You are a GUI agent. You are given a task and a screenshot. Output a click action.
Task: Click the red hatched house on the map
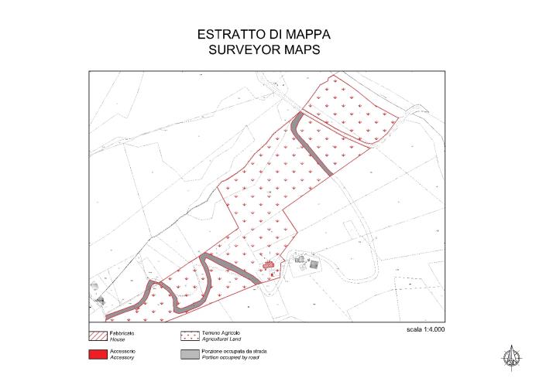click(x=268, y=264)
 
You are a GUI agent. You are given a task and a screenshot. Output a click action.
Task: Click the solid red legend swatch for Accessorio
click(x=98, y=355)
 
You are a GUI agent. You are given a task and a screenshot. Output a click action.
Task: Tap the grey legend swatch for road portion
click(x=190, y=355)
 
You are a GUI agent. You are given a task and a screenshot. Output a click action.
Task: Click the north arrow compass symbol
click(x=511, y=356)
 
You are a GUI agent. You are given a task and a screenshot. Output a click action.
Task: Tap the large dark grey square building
click(x=314, y=264)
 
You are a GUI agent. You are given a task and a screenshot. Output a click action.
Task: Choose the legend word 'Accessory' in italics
click(x=123, y=358)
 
